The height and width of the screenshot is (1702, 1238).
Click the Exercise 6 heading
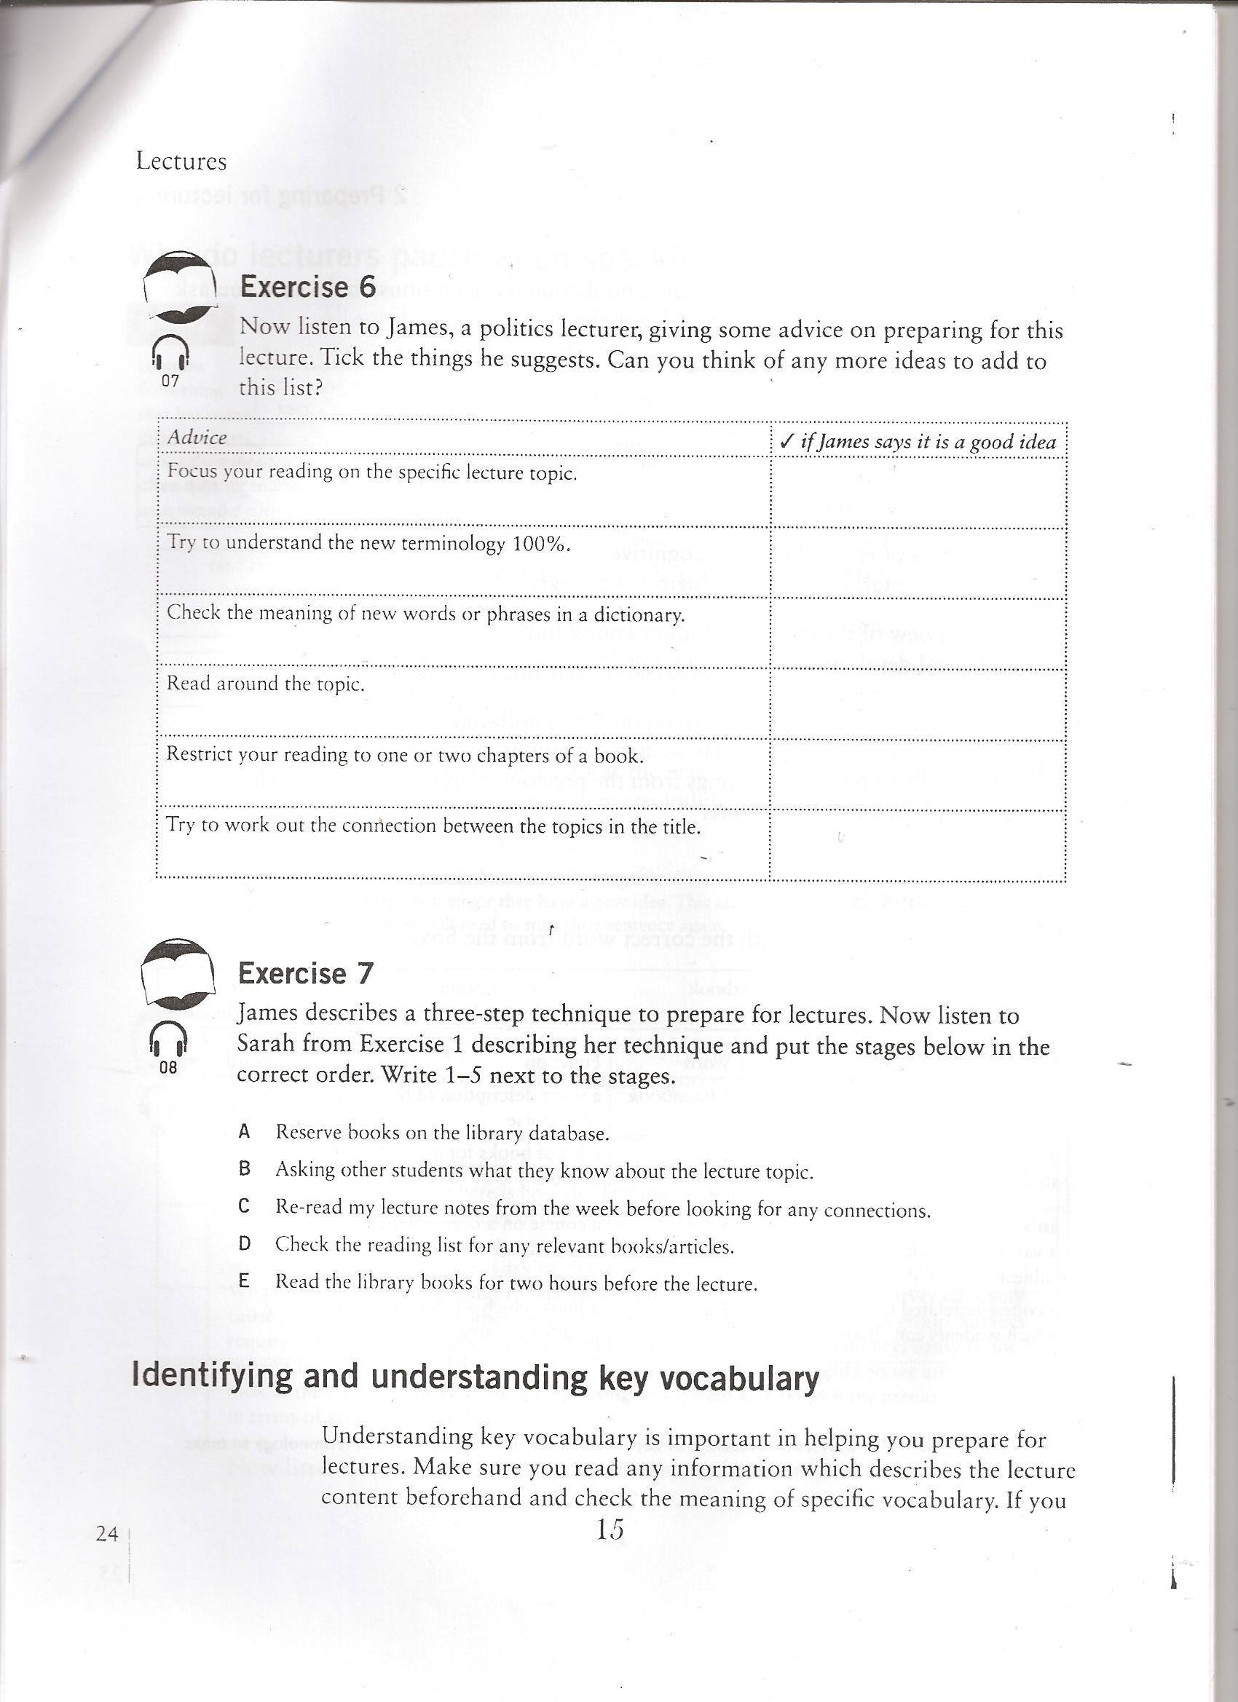(307, 288)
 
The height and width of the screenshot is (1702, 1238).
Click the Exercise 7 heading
(305, 973)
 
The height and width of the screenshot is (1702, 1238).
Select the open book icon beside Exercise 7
(177, 972)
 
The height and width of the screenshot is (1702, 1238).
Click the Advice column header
(197, 438)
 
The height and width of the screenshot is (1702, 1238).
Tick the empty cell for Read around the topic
(918, 704)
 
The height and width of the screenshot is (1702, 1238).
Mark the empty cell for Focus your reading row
(918, 492)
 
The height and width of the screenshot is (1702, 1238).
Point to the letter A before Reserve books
(243, 1132)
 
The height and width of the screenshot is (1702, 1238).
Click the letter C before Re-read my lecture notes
(243, 1206)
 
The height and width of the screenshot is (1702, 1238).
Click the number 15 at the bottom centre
(610, 1529)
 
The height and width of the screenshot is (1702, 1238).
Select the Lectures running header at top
(181, 162)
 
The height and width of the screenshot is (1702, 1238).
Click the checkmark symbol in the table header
(786, 441)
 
